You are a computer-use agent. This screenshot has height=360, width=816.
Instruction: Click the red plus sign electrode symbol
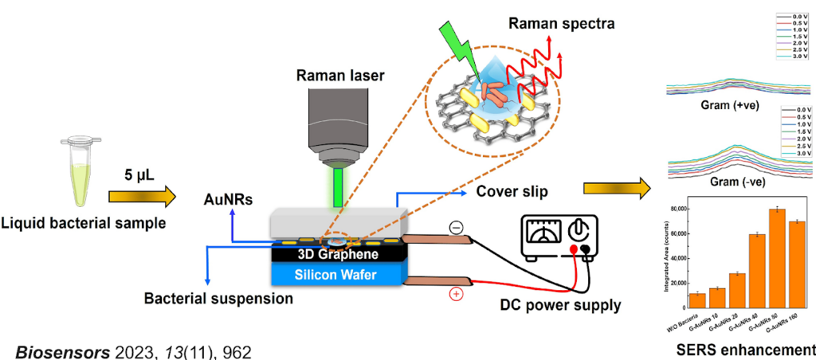tap(457, 294)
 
